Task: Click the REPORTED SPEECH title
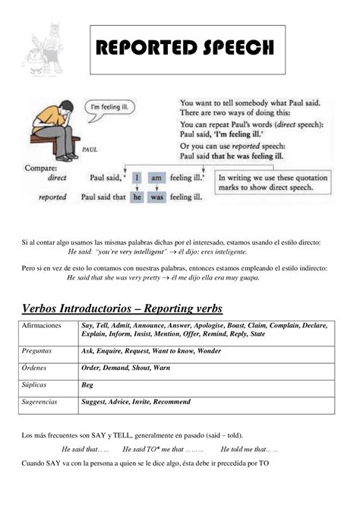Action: tap(185, 49)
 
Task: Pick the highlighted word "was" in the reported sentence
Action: tap(156, 196)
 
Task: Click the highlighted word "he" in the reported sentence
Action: tap(137, 196)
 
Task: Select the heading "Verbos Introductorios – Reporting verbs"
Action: tap(122, 308)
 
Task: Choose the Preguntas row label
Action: tap(39, 351)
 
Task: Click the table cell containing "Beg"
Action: tap(88, 385)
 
